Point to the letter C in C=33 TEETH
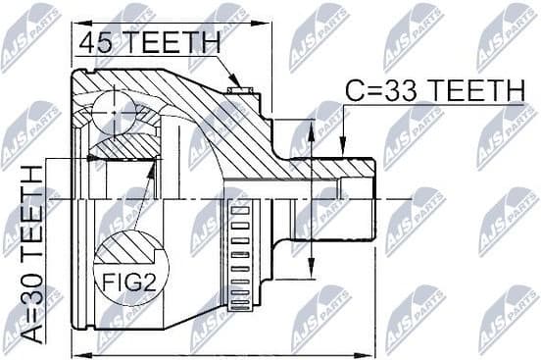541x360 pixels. (355, 91)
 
